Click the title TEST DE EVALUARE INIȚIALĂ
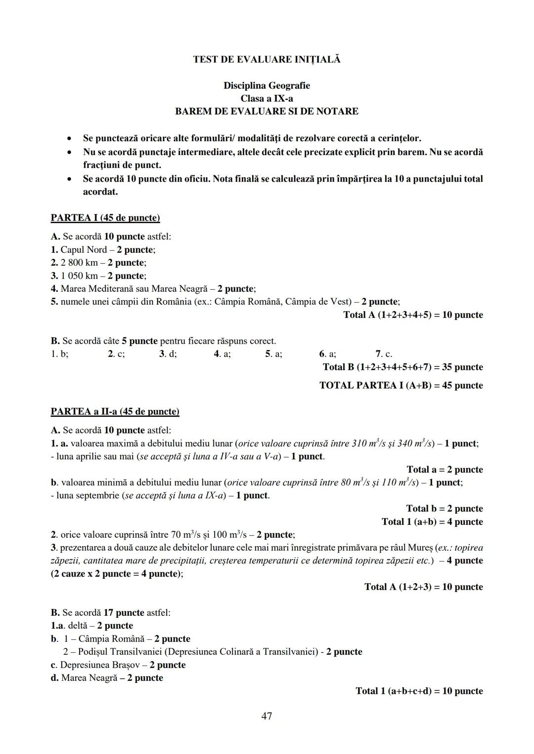267,60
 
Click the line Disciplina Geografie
267,85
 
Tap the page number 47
267,715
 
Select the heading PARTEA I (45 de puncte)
105,218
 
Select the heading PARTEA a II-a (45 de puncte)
115,411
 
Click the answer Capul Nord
84,249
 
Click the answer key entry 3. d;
168,354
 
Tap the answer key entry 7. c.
384,354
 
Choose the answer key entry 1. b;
59,354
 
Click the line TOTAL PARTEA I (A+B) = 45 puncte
401,385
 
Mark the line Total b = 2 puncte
445,508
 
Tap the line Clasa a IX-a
267,98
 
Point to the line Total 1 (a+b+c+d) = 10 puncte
419,691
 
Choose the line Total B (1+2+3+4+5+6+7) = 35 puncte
402,367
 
